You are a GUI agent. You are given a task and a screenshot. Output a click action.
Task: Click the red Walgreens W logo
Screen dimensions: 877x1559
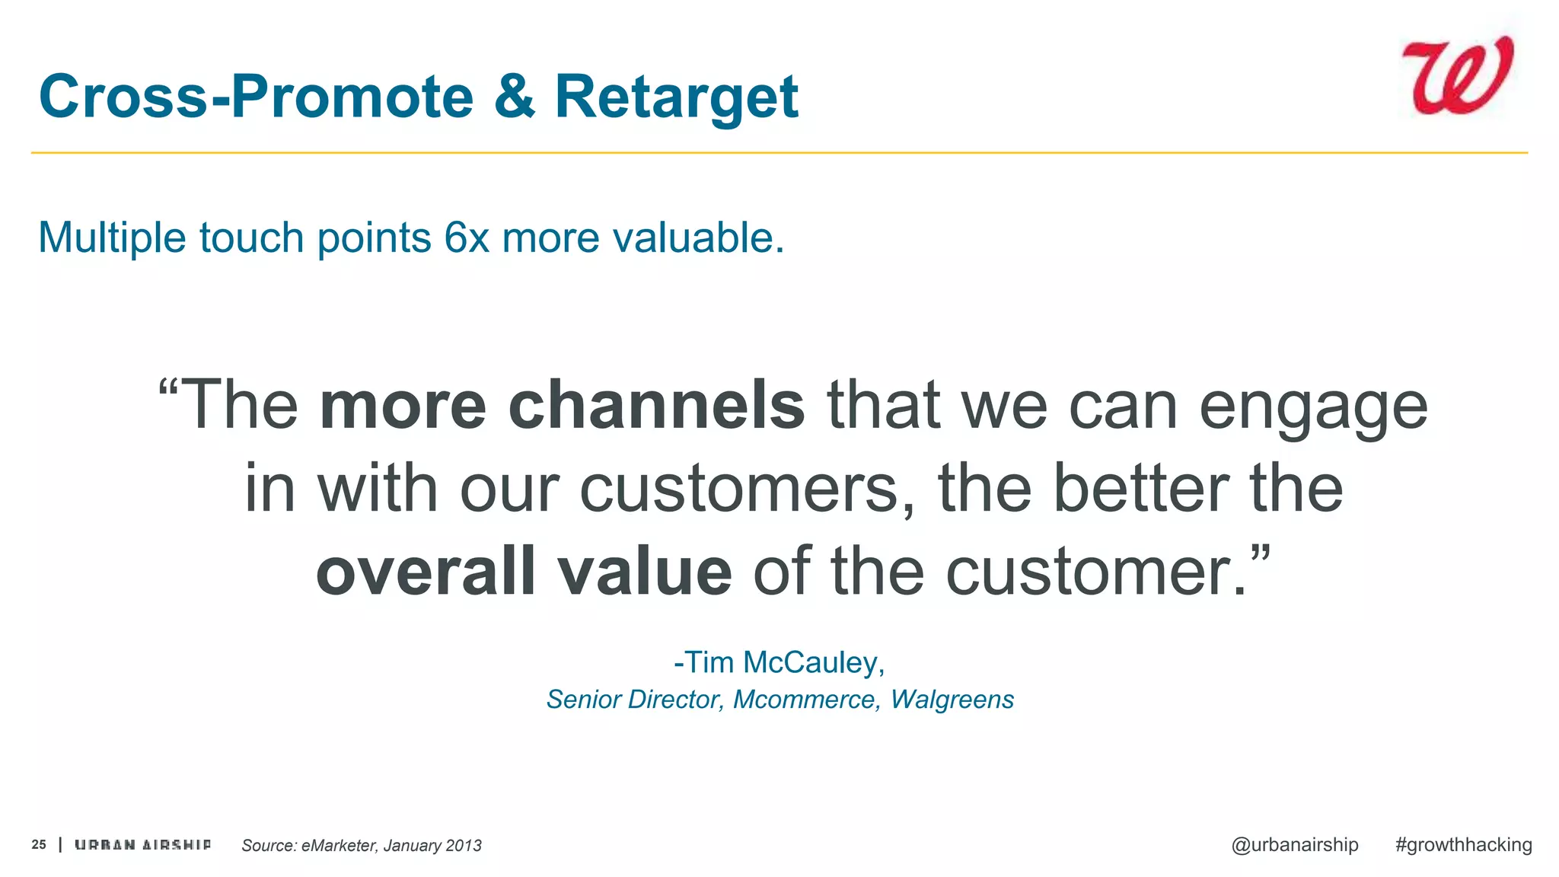coord(1457,76)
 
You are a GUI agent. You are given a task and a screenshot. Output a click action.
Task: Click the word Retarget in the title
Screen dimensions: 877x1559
coord(676,97)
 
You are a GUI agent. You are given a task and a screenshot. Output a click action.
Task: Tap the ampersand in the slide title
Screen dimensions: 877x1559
coord(515,97)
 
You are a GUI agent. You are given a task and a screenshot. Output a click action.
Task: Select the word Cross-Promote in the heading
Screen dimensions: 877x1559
coord(256,97)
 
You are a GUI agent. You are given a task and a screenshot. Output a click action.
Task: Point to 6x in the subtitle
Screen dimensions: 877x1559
coord(467,238)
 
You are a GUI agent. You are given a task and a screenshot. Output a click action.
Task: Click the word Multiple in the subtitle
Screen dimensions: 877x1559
coord(112,238)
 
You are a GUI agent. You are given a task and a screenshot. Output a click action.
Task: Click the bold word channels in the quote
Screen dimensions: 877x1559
coord(656,405)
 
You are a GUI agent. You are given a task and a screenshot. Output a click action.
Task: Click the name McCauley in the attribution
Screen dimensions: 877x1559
coord(813,662)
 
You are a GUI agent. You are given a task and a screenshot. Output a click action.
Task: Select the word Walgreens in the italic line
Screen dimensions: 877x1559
coord(952,699)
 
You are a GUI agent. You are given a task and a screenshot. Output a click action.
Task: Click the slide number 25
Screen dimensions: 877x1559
coord(39,844)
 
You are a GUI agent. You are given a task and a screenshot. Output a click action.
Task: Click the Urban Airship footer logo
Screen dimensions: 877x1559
coord(142,844)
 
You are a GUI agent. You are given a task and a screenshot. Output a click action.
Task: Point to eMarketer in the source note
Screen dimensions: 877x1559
coord(339,845)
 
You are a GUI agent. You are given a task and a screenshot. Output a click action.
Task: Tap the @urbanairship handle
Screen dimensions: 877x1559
coord(1294,844)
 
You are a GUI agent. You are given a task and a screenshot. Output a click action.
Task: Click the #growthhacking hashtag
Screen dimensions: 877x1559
coord(1463,844)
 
